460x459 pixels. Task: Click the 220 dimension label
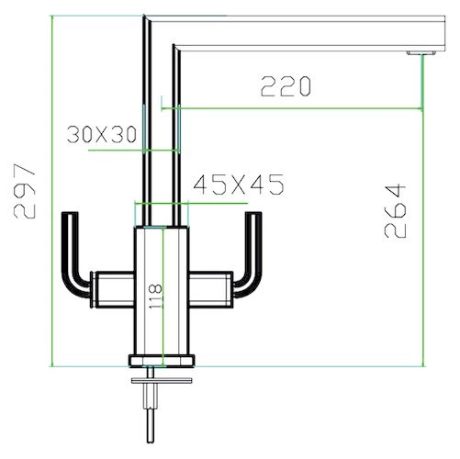[x=286, y=86]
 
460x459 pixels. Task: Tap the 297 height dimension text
[x=25, y=191]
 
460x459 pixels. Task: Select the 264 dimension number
[x=395, y=211]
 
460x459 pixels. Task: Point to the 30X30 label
[x=102, y=134]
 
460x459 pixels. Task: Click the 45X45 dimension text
[x=239, y=185]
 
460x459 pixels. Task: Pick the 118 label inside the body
[x=155, y=297]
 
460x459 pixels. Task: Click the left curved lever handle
[x=75, y=254]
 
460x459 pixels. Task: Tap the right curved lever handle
[x=249, y=254]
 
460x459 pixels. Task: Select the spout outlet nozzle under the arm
[x=421, y=53]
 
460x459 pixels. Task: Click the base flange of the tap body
[x=162, y=361]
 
